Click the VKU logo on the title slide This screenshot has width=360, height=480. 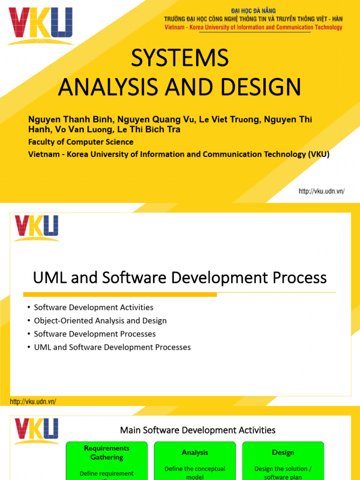coord(41,26)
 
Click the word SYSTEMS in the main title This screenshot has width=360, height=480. coord(180,59)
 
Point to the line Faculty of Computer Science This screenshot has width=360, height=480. coord(81,142)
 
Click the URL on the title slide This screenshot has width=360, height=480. coord(322,191)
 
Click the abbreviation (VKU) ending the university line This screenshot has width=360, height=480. coord(319,154)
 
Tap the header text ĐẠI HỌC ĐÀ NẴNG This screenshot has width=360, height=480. coord(254,11)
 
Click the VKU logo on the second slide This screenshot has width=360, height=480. coord(37,228)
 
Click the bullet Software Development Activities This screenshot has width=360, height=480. coord(94,307)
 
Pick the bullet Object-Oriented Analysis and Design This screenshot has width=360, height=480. coord(100,321)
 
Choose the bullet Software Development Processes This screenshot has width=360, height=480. coord(95,334)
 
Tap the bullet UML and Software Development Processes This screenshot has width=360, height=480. coord(112,347)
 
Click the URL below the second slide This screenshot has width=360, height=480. coord(33,402)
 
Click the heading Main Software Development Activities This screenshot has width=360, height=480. coord(198,430)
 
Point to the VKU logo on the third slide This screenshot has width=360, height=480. coord(37,431)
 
